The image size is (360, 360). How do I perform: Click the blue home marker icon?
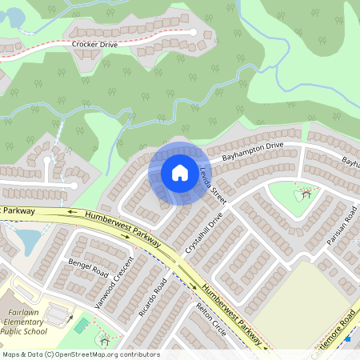point(180,173)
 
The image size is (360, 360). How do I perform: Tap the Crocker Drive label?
point(94,45)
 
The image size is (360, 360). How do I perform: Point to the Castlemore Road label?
point(333,328)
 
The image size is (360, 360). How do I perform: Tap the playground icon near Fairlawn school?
point(104,339)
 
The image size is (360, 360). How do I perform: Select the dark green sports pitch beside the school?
point(81,325)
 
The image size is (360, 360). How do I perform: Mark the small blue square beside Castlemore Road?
point(348,338)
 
